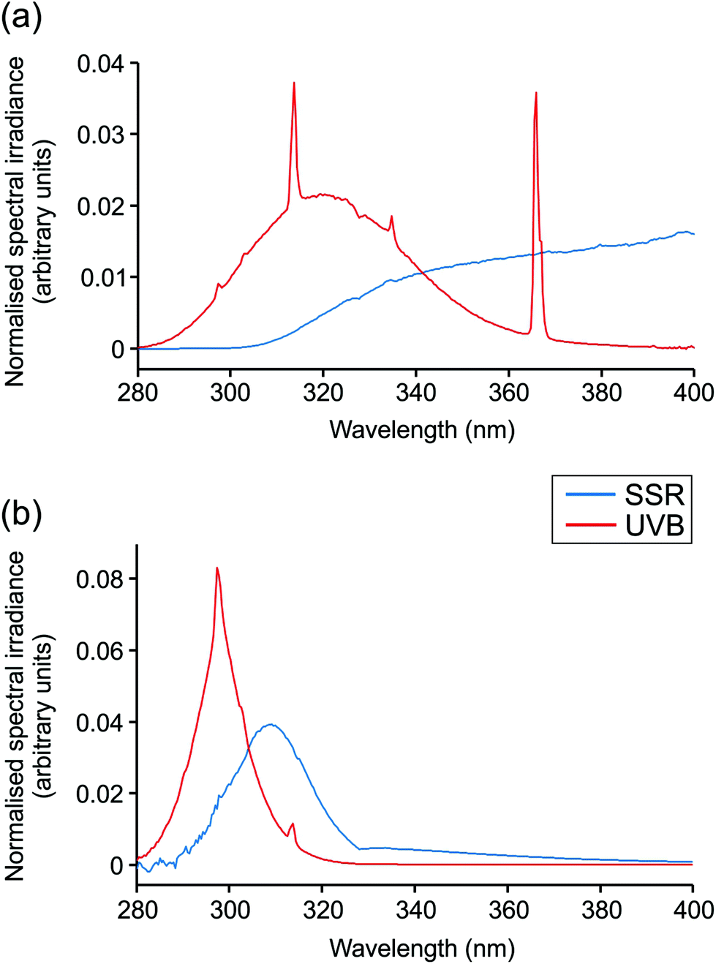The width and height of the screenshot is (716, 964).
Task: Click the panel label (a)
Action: (21, 16)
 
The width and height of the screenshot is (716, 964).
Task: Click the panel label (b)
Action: (21, 513)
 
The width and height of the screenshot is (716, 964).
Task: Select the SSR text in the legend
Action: (655, 495)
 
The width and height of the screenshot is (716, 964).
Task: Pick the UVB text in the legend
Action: (655, 525)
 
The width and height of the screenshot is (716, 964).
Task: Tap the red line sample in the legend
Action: (590, 525)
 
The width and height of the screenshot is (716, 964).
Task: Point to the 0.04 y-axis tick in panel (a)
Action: (101, 64)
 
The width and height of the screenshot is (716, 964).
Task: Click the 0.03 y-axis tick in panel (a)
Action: (101, 135)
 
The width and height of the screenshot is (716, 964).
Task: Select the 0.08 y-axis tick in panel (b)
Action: (100, 579)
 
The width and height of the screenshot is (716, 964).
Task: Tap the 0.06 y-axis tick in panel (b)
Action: (100, 651)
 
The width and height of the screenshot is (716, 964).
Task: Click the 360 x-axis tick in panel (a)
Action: (508, 393)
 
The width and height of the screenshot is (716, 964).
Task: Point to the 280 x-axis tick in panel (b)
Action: (137, 909)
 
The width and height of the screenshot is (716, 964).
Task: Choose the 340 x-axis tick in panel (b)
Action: (415, 909)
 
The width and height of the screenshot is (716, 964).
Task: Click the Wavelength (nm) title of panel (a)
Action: (422, 429)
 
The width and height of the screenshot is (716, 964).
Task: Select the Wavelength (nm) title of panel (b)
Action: (422, 948)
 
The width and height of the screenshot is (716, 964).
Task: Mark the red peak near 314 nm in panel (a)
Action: (294, 83)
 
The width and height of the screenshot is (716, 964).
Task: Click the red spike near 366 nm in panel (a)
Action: (536, 94)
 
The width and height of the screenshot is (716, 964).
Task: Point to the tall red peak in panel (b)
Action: (217, 568)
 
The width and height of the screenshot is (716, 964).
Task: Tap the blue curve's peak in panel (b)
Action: (271, 725)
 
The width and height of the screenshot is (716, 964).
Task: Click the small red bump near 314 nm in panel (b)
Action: (293, 824)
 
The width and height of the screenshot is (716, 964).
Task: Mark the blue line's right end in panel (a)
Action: (693, 233)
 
